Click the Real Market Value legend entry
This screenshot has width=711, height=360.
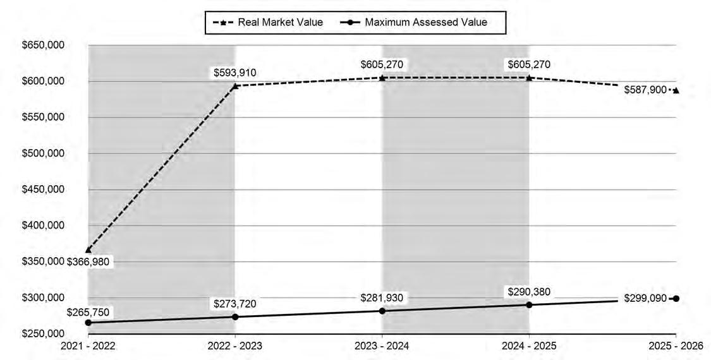(x=267, y=22)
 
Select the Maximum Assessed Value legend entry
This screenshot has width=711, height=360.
(x=413, y=22)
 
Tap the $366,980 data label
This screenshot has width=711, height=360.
(x=88, y=261)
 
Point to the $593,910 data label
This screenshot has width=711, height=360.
(x=235, y=73)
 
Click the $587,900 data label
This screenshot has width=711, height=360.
(x=645, y=90)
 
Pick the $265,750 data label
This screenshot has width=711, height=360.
(x=88, y=313)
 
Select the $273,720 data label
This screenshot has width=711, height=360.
(x=235, y=304)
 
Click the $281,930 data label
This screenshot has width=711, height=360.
(x=382, y=298)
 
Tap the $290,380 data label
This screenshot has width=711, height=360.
(x=529, y=292)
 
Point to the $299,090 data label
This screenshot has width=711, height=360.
(x=645, y=298)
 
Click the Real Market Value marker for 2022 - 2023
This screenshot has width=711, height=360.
(x=235, y=86)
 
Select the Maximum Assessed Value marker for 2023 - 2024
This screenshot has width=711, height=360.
(x=382, y=311)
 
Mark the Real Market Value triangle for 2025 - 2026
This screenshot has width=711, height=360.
(x=676, y=90)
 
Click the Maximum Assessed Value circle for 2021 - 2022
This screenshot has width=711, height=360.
(x=88, y=322)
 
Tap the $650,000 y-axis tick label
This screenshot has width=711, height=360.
(x=42, y=45)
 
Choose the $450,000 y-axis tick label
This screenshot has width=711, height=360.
(x=42, y=189)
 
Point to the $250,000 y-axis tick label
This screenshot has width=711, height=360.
(x=42, y=334)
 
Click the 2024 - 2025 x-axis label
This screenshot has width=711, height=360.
(x=529, y=346)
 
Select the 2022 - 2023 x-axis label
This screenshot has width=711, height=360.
(x=235, y=346)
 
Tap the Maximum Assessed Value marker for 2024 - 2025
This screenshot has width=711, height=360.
(x=529, y=304)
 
